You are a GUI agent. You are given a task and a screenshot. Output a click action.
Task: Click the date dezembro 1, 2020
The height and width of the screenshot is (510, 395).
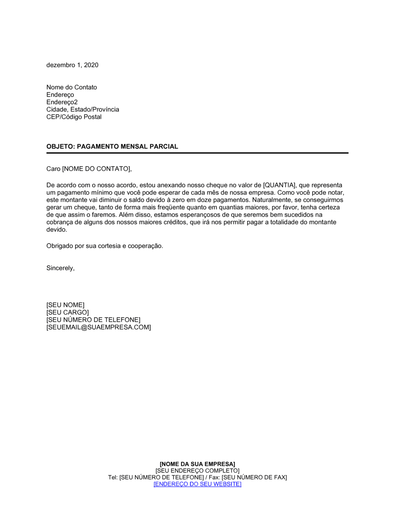pos(72,65)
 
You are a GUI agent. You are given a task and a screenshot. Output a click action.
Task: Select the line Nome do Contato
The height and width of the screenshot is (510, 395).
pos(71,87)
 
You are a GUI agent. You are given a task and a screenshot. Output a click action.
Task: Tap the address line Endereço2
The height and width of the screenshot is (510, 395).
pos(62,102)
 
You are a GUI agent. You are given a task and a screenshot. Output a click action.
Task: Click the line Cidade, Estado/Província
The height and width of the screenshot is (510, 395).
pos(83,110)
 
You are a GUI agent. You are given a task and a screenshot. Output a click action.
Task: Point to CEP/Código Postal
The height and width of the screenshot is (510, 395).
pos(74,117)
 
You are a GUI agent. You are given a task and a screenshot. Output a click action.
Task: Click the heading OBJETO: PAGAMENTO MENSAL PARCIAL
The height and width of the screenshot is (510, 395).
pos(112,147)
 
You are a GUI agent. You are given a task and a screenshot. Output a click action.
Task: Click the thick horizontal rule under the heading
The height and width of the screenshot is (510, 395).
pos(197,153)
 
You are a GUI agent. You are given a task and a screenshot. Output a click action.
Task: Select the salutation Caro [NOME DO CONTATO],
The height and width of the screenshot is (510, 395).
pos(89,169)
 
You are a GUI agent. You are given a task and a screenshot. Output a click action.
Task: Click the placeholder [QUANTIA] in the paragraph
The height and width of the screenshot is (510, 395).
pos(279,185)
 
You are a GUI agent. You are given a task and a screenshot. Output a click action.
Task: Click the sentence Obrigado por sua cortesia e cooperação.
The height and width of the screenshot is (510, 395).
pos(105,246)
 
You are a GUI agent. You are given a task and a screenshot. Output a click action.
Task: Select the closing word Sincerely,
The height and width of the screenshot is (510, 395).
pos(60,268)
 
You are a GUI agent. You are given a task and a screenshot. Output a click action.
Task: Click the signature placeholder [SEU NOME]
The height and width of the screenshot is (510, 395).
pos(66,305)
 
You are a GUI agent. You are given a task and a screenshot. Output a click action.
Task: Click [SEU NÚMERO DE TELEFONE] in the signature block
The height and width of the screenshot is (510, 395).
pos(93,320)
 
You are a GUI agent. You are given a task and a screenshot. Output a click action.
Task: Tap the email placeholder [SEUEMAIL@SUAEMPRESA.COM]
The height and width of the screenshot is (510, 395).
pos(99,327)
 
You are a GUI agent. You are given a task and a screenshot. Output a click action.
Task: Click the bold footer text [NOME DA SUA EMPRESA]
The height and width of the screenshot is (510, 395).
pos(197,464)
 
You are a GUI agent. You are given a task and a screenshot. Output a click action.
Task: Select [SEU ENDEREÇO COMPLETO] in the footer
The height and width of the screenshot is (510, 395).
pos(197,471)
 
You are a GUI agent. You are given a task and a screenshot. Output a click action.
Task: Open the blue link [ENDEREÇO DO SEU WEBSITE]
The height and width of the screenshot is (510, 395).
pos(197,484)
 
